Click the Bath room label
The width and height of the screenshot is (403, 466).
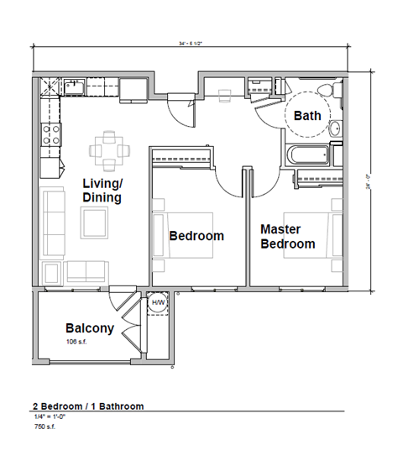tap(306, 116)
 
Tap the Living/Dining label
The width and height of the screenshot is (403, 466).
tap(102, 191)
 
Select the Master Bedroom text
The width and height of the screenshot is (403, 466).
tap(287, 236)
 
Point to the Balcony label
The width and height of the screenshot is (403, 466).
tap(89, 328)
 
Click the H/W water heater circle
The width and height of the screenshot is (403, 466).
tap(157, 305)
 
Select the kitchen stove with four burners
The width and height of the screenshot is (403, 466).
tap(51, 134)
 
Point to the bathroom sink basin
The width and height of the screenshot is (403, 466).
tap(335, 128)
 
